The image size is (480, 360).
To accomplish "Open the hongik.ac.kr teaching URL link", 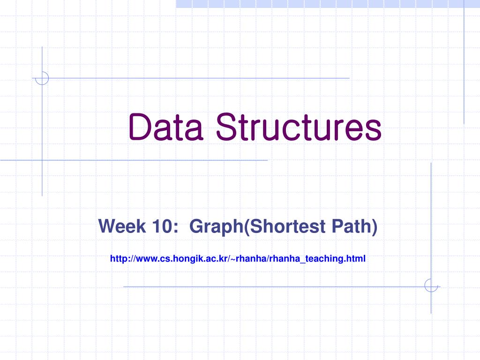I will (x=238, y=258).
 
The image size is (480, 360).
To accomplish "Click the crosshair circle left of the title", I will (x=42, y=78).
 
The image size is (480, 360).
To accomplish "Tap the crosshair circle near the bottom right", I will (x=431, y=285).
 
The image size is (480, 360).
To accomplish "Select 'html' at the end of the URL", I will (x=357, y=258).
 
